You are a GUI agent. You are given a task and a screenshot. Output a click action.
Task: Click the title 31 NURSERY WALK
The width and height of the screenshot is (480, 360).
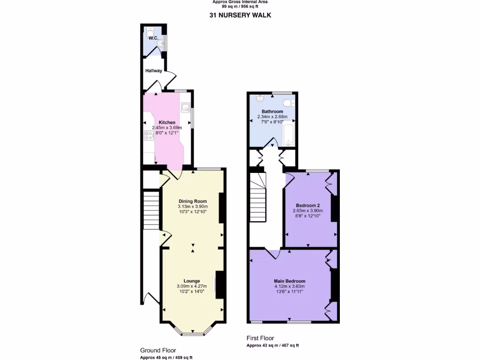click(240, 15)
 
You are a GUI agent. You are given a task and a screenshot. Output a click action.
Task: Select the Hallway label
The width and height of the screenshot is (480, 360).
click(153, 71)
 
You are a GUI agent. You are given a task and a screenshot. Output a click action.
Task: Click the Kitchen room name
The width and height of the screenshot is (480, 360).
click(167, 122)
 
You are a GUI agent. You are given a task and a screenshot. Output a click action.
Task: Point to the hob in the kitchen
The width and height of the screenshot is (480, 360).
click(149, 136)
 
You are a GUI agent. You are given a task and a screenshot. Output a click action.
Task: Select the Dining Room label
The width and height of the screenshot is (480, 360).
click(192, 201)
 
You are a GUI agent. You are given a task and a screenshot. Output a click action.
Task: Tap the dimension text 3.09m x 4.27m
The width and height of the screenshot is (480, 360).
click(192, 286)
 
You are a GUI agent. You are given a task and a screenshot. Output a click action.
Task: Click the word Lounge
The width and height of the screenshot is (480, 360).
click(192, 281)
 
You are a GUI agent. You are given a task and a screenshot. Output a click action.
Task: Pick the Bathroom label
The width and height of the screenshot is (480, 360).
click(272, 112)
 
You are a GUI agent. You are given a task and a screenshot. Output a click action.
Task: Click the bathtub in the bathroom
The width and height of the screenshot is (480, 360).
click(289, 133)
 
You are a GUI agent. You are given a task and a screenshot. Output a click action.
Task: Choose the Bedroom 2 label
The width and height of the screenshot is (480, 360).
click(307, 205)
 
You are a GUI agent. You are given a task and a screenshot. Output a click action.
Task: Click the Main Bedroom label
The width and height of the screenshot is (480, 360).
click(290, 281)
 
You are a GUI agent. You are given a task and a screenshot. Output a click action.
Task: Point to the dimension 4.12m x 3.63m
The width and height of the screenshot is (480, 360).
click(290, 286)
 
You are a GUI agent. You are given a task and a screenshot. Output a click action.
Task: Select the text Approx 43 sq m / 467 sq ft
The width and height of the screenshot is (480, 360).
click(273, 345)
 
